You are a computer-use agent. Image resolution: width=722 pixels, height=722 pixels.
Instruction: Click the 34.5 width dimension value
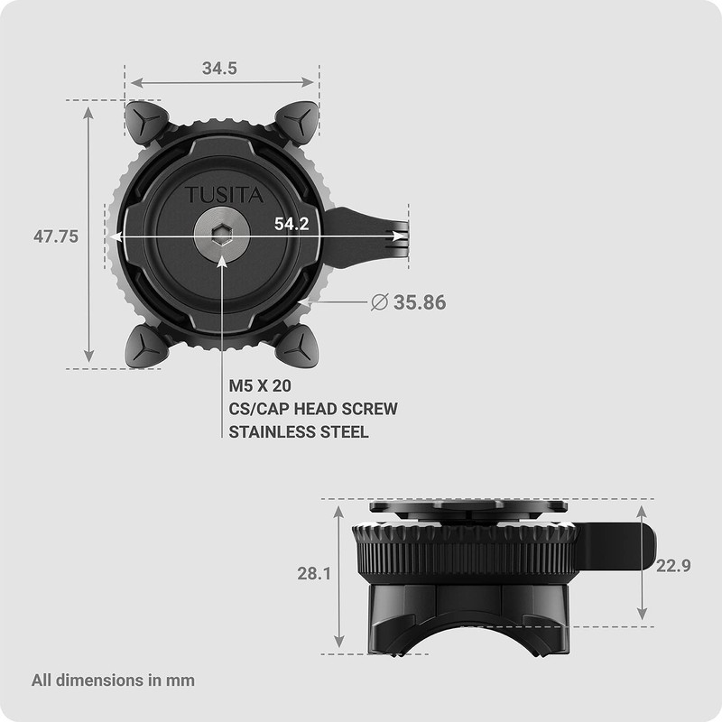tap(219, 69)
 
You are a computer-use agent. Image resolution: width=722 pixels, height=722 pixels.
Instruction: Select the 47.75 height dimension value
tap(56, 236)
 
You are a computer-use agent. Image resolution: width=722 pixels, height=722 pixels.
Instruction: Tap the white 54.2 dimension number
tap(292, 224)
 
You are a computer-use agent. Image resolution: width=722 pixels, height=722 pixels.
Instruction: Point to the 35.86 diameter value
tap(420, 302)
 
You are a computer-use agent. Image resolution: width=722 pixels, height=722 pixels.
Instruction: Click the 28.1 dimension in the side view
tap(314, 573)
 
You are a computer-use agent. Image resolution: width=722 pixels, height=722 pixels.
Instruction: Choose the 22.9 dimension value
tap(674, 566)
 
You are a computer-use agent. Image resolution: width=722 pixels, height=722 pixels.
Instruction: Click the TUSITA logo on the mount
tap(213, 195)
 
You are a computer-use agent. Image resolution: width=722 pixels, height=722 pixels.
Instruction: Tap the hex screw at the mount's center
tap(221, 237)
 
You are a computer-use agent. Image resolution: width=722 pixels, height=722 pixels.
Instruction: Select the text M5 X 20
tap(259, 385)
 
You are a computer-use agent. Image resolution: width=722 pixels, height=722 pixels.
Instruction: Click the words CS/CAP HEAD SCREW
tap(312, 409)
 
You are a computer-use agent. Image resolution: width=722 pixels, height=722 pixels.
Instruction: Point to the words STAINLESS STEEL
tap(298, 432)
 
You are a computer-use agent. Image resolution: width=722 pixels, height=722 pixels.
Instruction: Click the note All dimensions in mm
tap(113, 680)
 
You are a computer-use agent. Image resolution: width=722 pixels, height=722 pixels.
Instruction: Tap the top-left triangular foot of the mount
tap(145, 122)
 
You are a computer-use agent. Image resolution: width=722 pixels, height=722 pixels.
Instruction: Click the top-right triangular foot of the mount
tap(297, 120)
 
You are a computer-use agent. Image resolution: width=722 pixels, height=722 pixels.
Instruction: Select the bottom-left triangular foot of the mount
tap(144, 346)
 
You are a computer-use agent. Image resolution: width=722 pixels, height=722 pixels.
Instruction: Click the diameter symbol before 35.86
tap(380, 302)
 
